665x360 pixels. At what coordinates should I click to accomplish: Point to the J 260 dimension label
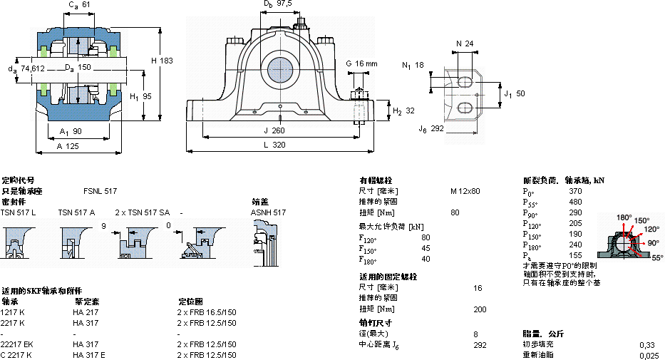pyautogui.click(x=274, y=130)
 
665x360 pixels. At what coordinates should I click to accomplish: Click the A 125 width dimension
pyautogui.click(x=68, y=145)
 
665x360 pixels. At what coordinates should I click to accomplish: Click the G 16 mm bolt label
pyautogui.click(x=361, y=63)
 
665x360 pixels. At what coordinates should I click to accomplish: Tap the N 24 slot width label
pyautogui.click(x=464, y=44)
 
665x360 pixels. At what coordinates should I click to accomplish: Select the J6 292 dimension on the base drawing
pyautogui.click(x=433, y=129)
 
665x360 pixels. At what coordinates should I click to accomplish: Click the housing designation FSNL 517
pyautogui.click(x=100, y=191)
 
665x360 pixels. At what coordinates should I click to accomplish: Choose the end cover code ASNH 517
pyautogui.click(x=268, y=212)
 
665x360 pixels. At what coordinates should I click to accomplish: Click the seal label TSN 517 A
pyautogui.click(x=76, y=212)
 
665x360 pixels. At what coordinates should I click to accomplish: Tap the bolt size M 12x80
pyautogui.click(x=465, y=191)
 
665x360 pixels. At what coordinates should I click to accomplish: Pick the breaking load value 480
pyautogui.click(x=575, y=202)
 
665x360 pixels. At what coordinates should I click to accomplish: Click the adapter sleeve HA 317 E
pyautogui.click(x=89, y=355)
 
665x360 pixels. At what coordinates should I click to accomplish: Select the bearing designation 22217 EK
pyautogui.click(x=17, y=344)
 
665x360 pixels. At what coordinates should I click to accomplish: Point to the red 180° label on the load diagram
pyautogui.click(x=624, y=217)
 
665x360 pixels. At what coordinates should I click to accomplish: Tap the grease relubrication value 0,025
pyautogui.click(x=649, y=355)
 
